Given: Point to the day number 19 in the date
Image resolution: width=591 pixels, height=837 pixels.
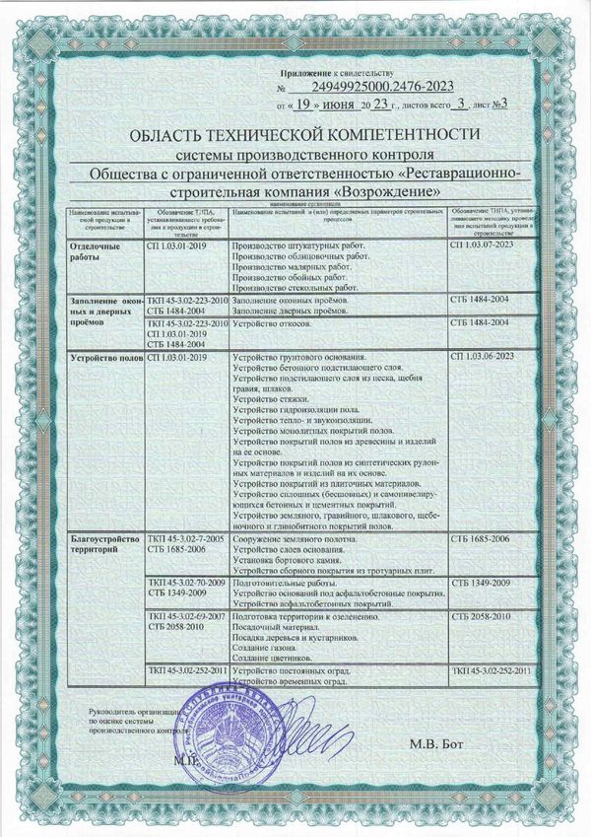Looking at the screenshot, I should click(306, 102).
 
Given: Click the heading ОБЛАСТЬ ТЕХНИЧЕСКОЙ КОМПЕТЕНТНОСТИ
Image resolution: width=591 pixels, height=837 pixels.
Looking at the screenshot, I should click(295, 133).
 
